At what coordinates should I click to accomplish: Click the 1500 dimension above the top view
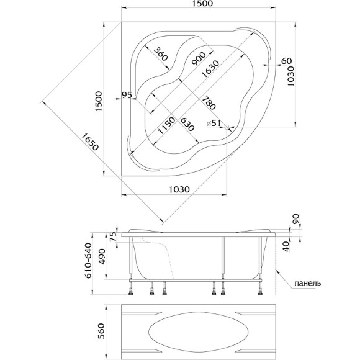pos(203,4)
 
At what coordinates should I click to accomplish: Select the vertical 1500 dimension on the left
pos(99,101)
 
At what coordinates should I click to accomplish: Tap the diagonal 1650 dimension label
pos(90,142)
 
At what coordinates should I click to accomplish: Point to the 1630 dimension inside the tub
pos(210,68)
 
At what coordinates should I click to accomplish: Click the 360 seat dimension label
pos(161,54)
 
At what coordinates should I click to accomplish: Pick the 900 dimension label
pos(199,59)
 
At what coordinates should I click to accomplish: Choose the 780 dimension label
pos(209,102)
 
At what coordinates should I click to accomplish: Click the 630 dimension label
pos(187,124)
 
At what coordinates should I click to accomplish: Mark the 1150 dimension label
pos(167,125)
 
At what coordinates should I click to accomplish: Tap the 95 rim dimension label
pos(127,94)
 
